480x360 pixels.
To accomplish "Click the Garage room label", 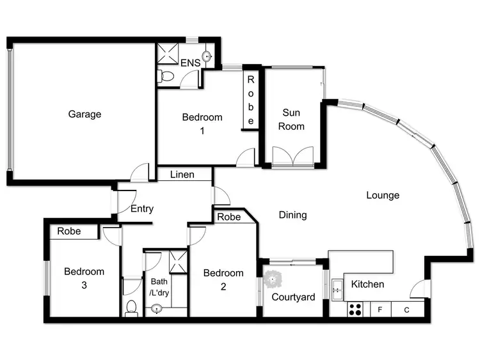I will click(x=84, y=114).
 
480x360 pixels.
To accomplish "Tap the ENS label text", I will click(x=190, y=63).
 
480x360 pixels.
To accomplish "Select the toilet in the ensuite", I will click(x=166, y=77).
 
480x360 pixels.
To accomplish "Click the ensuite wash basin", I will click(x=207, y=55).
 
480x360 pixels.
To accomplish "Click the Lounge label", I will click(x=383, y=195).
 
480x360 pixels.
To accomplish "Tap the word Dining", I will click(x=292, y=215).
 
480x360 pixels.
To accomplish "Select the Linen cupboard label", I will click(x=182, y=175).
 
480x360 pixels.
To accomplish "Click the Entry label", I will click(x=141, y=208).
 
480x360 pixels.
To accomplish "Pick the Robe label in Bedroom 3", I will click(x=69, y=231).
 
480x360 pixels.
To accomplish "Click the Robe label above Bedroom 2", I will click(x=228, y=217).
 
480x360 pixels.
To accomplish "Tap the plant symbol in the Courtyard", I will click(x=274, y=278).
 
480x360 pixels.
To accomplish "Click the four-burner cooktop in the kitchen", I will click(x=355, y=309).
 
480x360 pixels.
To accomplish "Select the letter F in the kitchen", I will click(x=380, y=310).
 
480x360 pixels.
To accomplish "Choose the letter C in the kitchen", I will click(x=406, y=310).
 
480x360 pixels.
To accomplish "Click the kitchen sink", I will click(x=337, y=289).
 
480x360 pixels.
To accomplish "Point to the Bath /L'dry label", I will click(x=159, y=286).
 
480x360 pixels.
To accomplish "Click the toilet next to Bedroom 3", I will click(x=131, y=308).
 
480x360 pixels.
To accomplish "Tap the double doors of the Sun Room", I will click(x=292, y=157).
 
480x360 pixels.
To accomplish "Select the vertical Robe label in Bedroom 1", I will click(x=251, y=100).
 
